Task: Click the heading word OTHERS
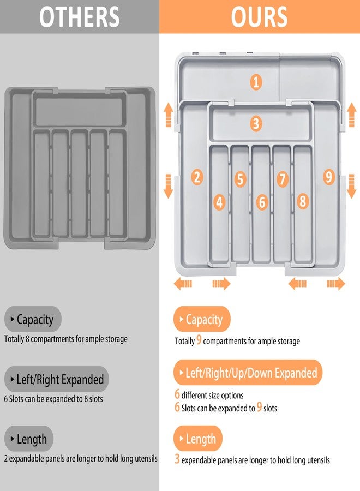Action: (80, 17)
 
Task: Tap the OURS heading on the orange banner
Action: (259, 17)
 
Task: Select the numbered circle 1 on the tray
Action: (256, 82)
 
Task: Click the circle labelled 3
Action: (256, 124)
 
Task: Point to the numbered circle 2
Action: (197, 177)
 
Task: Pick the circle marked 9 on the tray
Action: (328, 177)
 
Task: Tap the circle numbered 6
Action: (262, 202)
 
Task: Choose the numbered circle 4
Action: (219, 202)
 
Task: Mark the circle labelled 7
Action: (282, 179)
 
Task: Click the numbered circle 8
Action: (303, 201)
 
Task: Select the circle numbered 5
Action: (241, 179)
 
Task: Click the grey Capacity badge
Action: (33, 320)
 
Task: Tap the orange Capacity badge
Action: (202, 320)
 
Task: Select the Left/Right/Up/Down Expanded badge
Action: (248, 373)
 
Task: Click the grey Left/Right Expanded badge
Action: (57, 379)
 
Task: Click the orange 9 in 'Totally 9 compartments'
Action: (199, 340)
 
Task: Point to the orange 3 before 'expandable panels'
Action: (177, 459)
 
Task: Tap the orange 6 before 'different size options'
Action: (177, 394)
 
